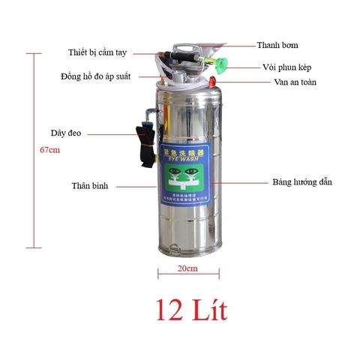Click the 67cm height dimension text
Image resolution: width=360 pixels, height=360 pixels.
point(49,150)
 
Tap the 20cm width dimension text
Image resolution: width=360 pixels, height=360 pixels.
point(187,268)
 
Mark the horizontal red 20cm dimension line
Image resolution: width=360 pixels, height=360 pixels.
point(187,275)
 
